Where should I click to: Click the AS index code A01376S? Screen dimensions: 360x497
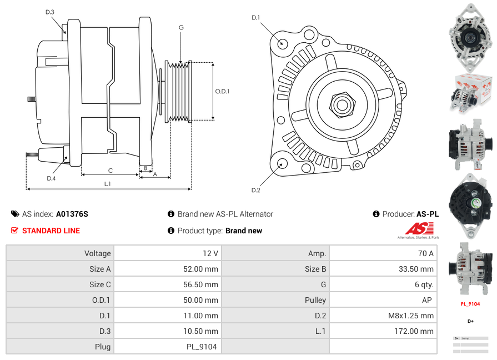pyautogui.click(x=72, y=214)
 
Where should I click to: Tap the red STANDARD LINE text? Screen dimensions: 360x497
pyautogui.click(x=51, y=231)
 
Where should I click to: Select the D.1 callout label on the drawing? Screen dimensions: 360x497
pyautogui.click(x=255, y=18)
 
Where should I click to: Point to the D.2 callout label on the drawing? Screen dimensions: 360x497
pyautogui.click(x=255, y=191)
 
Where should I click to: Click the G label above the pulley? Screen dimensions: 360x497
pyautogui.click(x=181, y=27)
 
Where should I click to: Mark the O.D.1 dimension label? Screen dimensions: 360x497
pyautogui.click(x=222, y=91)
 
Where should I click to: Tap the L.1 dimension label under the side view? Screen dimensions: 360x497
pyautogui.click(x=108, y=183)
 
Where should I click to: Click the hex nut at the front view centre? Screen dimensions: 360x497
pyautogui.click(x=341, y=104)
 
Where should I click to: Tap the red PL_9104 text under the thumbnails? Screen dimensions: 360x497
pyautogui.click(x=470, y=304)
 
